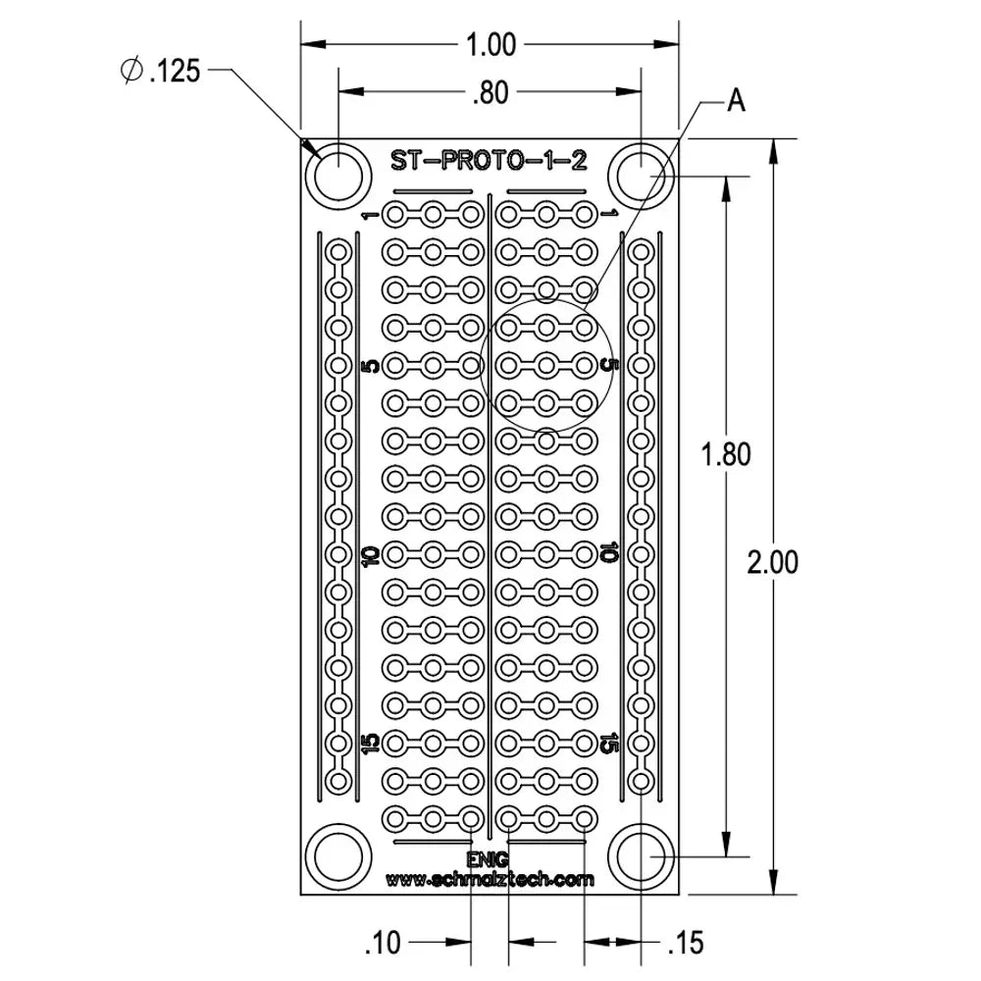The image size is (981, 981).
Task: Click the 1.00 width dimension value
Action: click(x=490, y=45)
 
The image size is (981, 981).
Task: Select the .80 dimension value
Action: click(x=490, y=93)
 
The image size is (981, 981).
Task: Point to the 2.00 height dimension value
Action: click(x=772, y=562)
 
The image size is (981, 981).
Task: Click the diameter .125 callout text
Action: click(x=160, y=71)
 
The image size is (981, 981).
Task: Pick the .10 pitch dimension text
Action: click(x=382, y=944)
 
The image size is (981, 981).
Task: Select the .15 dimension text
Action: click(x=685, y=944)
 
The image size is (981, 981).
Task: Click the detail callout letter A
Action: click(x=736, y=100)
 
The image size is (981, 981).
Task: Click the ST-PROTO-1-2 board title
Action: click(x=490, y=160)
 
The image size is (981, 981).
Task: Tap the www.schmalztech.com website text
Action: click(x=490, y=879)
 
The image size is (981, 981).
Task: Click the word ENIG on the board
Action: click(x=489, y=860)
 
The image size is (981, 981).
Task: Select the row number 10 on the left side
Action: click(x=369, y=555)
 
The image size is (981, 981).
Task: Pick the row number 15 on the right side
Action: click(x=608, y=744)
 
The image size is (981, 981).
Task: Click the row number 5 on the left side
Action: click(x=369, y=366)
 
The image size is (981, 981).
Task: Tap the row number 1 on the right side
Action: click(x=608, y=213)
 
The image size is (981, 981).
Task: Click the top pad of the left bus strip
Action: click(x=338, y=252)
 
